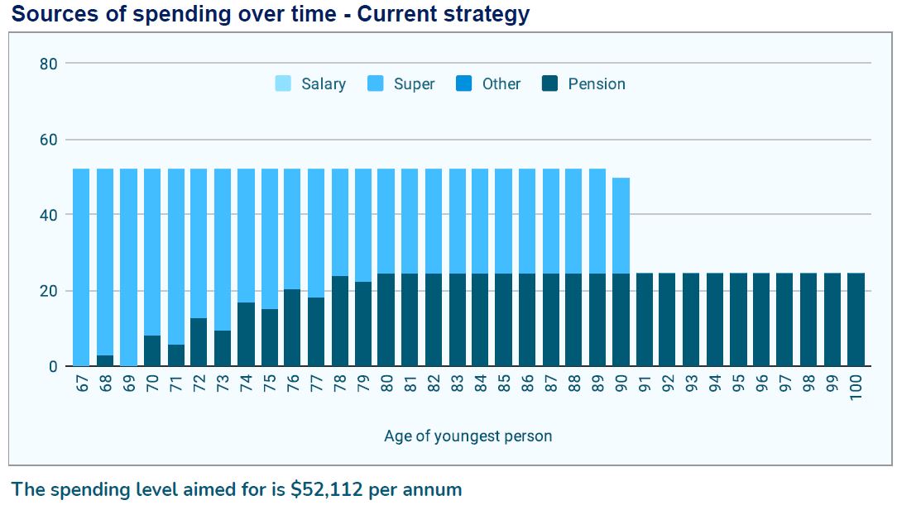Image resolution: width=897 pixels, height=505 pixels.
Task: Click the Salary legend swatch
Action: coord(283,83)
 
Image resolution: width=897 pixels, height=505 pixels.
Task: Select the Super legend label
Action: coord(414,83)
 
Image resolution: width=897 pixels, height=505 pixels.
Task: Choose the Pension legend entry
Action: coord(584,83)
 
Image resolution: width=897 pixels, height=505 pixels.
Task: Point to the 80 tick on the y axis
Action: coord(49,64)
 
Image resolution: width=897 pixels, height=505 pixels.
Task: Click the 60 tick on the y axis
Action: coord(49,140)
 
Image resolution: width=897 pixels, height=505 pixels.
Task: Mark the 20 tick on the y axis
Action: coord(49,291)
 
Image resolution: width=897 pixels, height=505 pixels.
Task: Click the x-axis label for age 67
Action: coord(82,385)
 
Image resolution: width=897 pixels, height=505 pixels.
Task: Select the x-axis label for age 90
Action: coord(621,385)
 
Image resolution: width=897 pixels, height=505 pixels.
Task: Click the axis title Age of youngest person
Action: coord(468,436)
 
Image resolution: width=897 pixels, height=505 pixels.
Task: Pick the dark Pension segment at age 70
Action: coord(152,351)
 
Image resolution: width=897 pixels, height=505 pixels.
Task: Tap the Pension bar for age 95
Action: coord(738,320)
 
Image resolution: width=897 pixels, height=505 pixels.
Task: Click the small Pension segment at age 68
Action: coord(105,361)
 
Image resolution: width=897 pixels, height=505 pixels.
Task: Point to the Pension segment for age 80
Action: coord(386,320)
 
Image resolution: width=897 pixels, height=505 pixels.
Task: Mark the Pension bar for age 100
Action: coord(856,320)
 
